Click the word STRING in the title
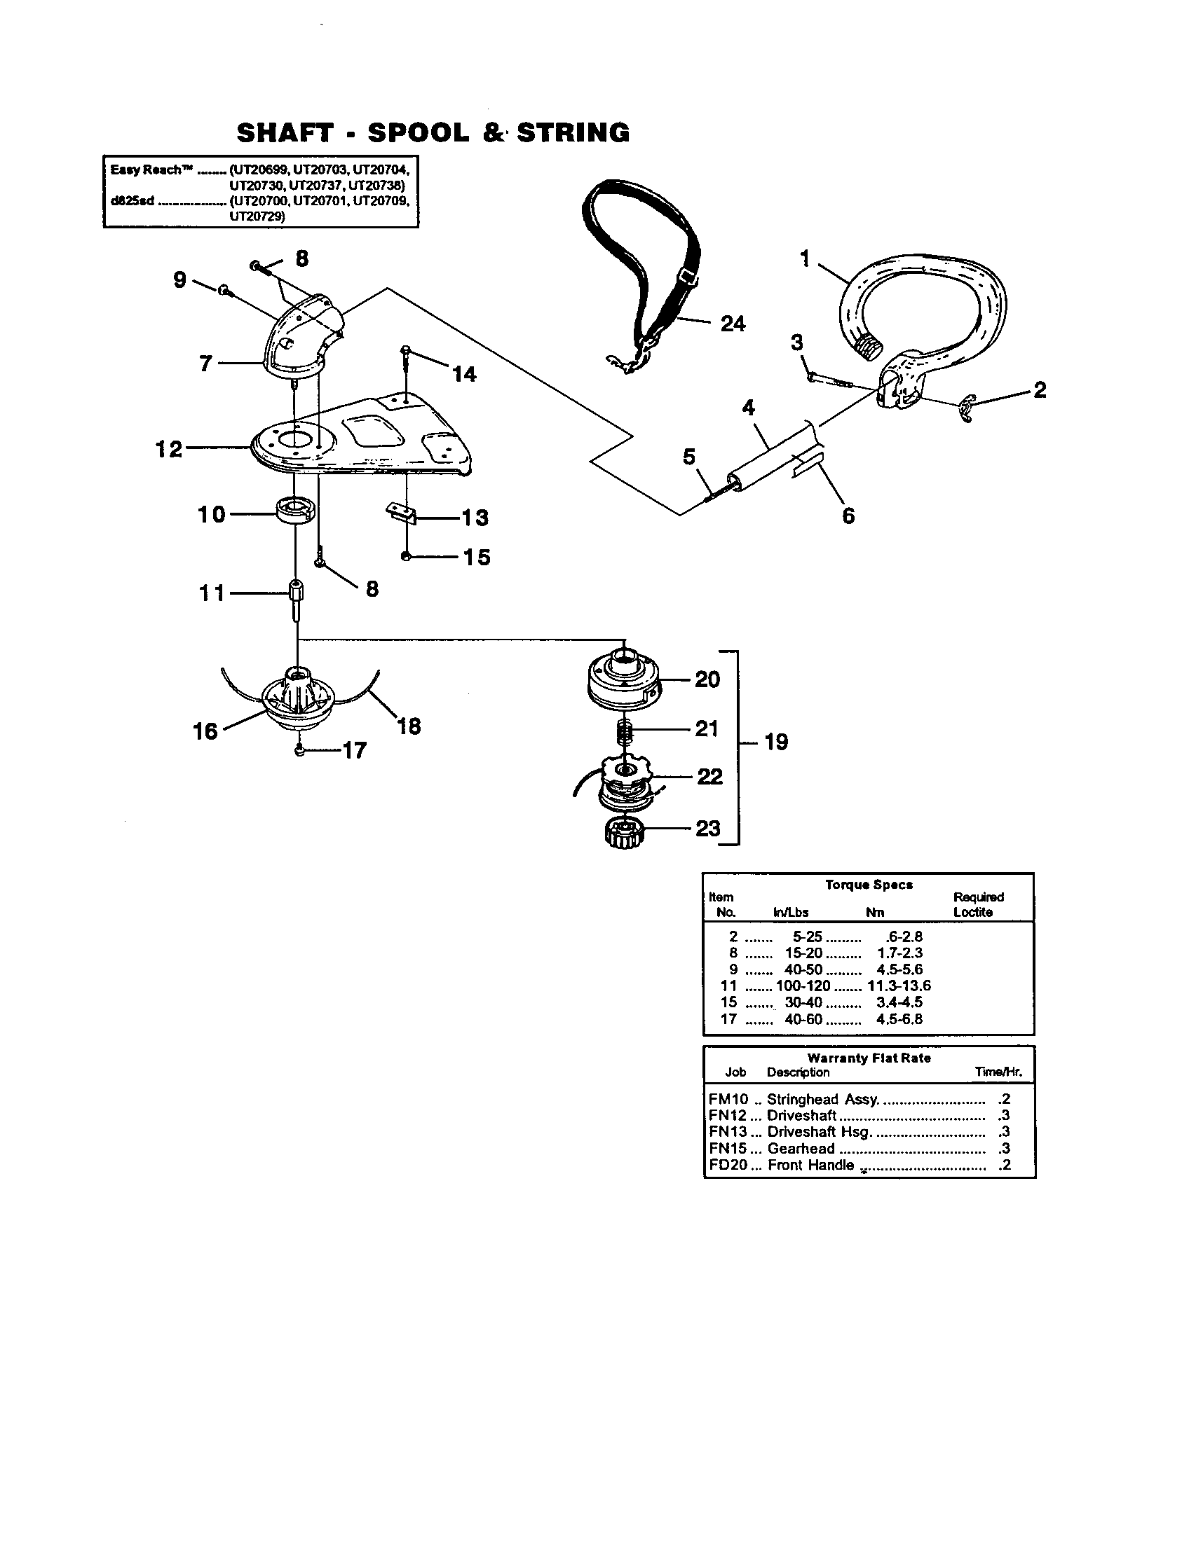(x=573, y=133)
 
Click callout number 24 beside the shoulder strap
(x=732, y=324)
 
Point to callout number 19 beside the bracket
(x=776, y=742)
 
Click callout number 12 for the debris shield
(x=168, y=449)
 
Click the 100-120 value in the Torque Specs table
(x=803, y=986)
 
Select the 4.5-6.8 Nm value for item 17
(x=899, y=1019)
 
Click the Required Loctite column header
(x=977, y=904)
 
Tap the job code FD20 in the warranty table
(x=727, y=1165)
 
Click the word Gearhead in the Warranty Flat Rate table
(x=800, y=1149)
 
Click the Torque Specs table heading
(x=869, y=885)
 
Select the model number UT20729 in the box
(x=257, y=217)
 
